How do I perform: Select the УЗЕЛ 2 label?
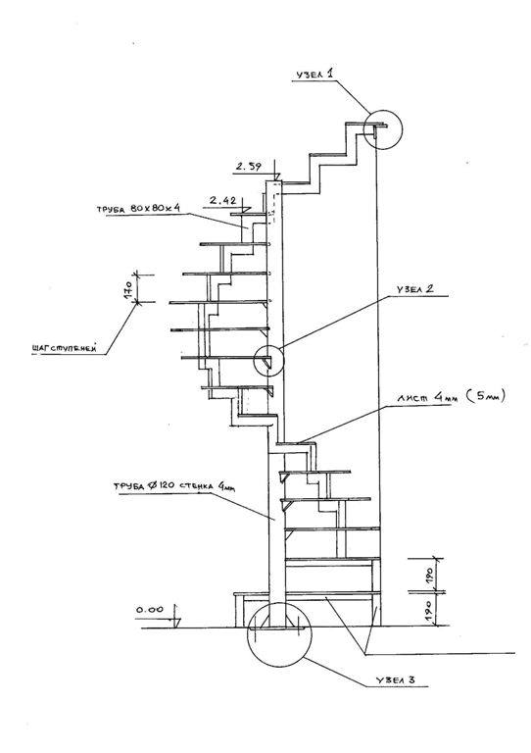(415, 289)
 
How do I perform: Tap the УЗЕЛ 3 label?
(395, 680)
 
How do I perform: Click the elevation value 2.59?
(249, 167)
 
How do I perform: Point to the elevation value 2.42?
(223, 200)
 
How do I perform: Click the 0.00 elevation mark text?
(150, 610)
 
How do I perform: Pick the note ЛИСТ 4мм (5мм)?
(451, 398)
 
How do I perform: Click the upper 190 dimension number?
(428, 576)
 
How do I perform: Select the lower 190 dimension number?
(428, 609)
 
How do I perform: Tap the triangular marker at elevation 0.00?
(176, 622)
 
